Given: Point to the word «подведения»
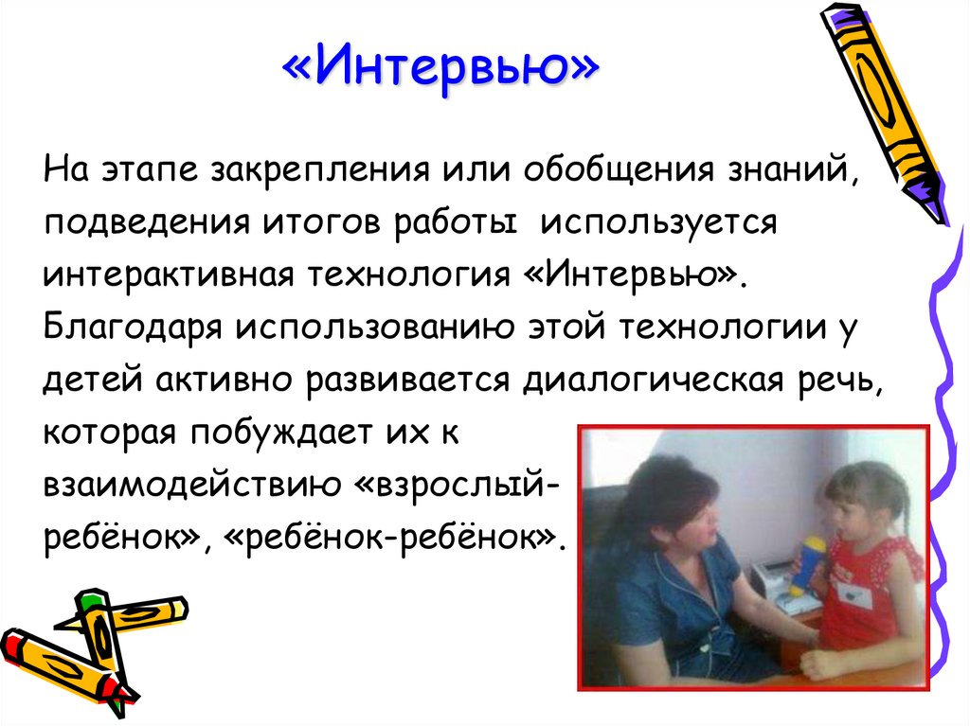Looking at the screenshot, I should [140, 227].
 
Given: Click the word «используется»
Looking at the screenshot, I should [657, 227].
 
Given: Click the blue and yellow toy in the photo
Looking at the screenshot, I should [813, 563].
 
